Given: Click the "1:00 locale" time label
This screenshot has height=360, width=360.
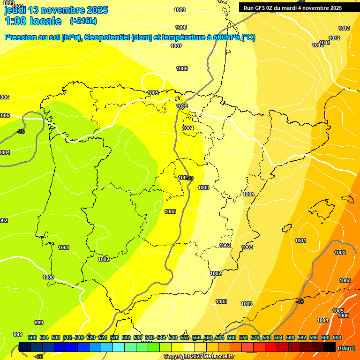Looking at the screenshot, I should [x=33, y=21].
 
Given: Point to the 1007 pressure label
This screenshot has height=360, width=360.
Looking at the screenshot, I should [x=176, y=46].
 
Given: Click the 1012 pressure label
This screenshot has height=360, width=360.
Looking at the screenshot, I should [x=334, y=38].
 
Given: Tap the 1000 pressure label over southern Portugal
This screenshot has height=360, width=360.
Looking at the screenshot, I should [x=48, y=277].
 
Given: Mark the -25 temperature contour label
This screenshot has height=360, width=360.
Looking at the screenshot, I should [x=21, y=131].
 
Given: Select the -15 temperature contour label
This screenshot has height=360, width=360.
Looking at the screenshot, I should [x=300, y=301].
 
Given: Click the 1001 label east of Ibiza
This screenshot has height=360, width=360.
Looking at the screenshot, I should [x=300, y=240].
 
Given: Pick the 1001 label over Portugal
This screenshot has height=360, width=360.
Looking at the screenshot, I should [x=64, y=247].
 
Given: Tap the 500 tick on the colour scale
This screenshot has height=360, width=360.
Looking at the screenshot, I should [x=32, y=337].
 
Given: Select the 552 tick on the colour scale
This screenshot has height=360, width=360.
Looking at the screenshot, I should [x=185, y=337].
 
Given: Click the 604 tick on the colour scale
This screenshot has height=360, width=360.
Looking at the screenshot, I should [x=337, y=337].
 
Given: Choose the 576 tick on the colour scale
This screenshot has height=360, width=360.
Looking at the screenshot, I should [x=255, y=337].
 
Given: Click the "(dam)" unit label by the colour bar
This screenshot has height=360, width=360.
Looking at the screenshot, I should [x=347, y=348].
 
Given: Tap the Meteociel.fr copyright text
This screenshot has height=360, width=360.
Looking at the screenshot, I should [x=199, y=357].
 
